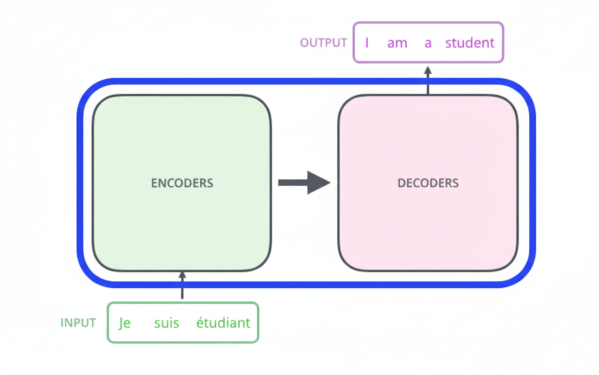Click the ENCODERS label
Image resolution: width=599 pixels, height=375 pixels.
182,183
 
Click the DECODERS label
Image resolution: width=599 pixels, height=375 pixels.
428,183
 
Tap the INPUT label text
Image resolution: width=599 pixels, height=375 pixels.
78,323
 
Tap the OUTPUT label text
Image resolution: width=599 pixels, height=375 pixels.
323,43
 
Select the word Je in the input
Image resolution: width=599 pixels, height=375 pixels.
124,323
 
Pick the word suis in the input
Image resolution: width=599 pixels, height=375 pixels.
167,323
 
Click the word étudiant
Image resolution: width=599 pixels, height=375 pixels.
223,323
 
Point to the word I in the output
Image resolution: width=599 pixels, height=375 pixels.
367,43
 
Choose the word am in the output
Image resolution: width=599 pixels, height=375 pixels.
397,43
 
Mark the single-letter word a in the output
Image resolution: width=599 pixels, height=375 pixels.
428,43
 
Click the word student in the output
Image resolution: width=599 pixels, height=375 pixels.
469,43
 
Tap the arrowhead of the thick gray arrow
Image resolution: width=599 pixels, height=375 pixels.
318,182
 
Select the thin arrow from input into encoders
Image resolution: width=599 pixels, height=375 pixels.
182,285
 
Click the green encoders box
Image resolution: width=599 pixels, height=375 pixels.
182,225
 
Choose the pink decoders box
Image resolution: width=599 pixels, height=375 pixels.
428,225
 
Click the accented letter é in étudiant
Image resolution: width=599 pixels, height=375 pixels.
200,322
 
